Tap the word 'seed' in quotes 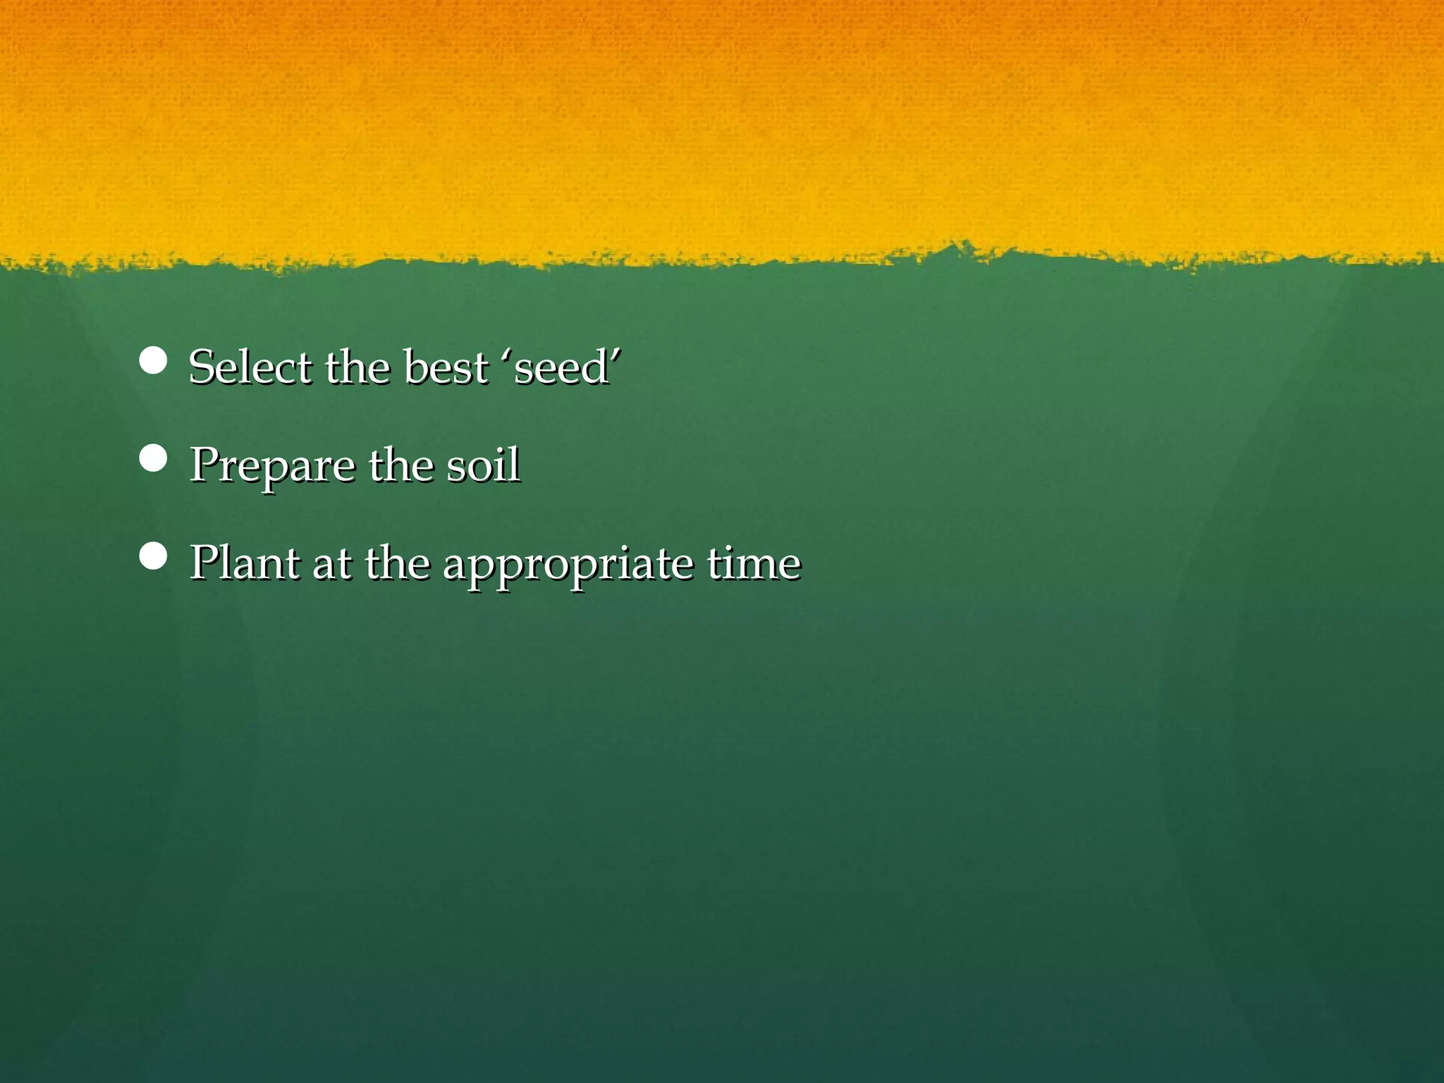561,368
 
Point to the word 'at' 331,564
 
